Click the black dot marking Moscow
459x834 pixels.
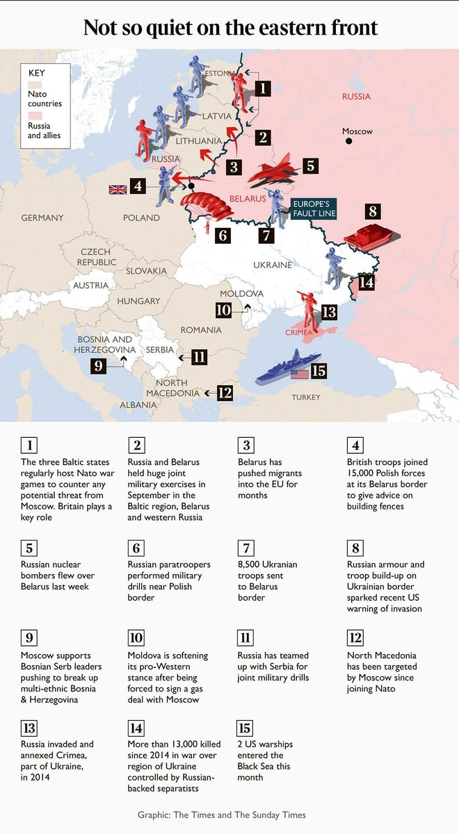349,141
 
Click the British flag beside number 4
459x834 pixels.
118,189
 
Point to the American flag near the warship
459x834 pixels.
300,373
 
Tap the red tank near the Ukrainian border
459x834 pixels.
369,236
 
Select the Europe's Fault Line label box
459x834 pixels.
313,208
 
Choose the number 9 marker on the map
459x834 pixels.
98,365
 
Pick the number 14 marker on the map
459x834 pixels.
367,282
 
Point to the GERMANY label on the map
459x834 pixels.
42,218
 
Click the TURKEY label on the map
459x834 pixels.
306,398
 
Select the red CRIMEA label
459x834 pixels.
298,333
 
